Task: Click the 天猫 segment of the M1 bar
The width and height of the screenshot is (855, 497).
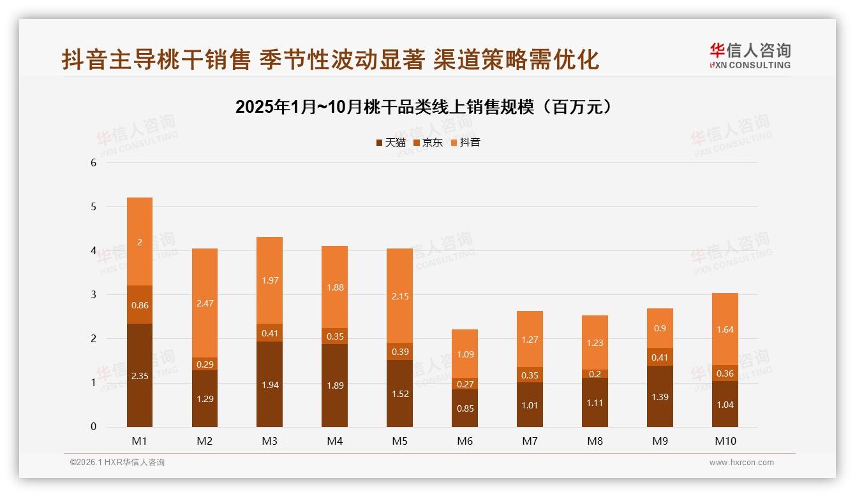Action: click(x=140, y=375)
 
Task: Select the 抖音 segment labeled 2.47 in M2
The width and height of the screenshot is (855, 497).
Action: click(x=205, y=303)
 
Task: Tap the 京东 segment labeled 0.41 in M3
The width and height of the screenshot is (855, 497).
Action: click(x=270, y=333)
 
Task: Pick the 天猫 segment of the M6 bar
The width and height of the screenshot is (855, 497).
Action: click(x=465, y=408)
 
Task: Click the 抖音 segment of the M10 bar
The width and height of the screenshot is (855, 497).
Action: click(x=725, y=329)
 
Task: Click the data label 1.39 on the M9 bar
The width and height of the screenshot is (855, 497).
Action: click(x=660, y=397)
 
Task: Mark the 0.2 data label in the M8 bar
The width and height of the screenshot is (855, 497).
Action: click(x=595, y=374)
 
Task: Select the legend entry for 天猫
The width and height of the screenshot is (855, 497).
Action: click(x=390, y=143)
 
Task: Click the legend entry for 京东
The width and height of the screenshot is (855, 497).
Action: click(x=427, y=143)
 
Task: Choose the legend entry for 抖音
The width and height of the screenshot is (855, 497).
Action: click(x=465, y=143)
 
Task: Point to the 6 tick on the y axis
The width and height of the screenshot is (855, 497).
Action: click(x=94, y=162)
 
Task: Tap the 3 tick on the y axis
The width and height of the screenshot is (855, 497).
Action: click(x=94, y=294)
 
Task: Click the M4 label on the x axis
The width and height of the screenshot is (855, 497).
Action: click(x=335, y=441)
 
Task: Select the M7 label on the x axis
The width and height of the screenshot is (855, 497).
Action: click(x=530, y=441)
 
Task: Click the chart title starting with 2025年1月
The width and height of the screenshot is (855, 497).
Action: click(x=427, y=107)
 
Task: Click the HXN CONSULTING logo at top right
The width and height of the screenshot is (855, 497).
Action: click(x=750, y=56)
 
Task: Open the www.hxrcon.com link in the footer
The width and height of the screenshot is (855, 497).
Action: click(x=741, y=463)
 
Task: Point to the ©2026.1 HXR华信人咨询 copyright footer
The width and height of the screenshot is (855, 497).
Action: click(x=117, y=463)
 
